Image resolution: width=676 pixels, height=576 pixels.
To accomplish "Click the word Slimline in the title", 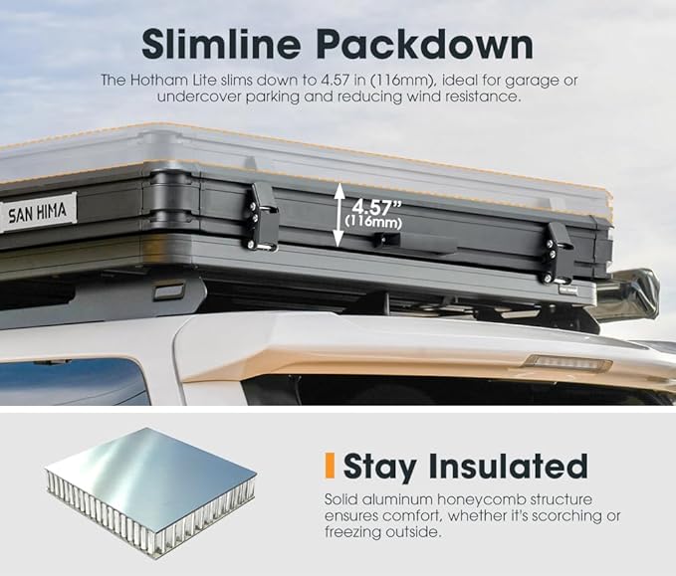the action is pos(221,44).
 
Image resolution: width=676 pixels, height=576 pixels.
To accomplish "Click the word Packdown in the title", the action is pos(425,44).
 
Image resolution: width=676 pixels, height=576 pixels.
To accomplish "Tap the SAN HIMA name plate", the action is pos(39,212).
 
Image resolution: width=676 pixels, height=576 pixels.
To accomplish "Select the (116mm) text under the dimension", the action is pos(373,222).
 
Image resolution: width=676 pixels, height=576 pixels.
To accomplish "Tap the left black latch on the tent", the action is pos(263,217).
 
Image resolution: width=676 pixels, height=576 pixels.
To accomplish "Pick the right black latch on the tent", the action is pos(558,254).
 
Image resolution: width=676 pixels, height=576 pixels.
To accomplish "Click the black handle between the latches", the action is pos(414,242).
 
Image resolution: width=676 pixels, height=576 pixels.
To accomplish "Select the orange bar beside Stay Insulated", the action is pos(330,466).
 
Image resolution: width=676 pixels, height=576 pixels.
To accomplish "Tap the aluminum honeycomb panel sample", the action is pos(150,491).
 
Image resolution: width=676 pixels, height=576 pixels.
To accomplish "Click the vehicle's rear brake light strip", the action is pos(567,363).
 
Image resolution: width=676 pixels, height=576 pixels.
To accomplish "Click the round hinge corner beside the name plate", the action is pos(169,197).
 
